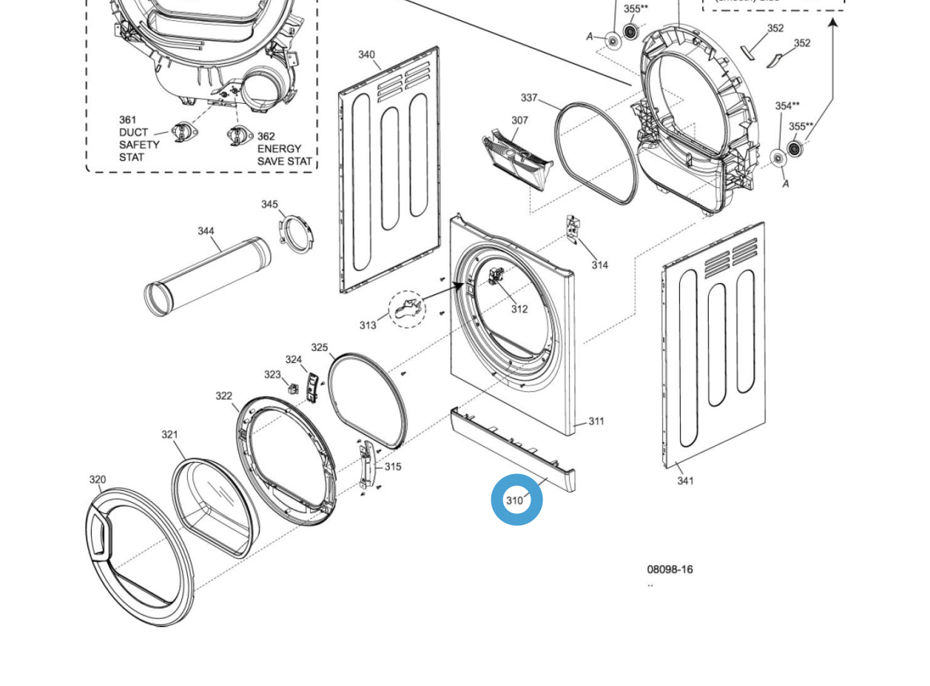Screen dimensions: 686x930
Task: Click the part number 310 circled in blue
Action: click(x=515, y=501)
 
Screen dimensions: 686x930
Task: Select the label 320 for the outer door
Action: click(x=97, y=480)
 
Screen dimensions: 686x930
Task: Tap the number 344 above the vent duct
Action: click(x=206, y=231)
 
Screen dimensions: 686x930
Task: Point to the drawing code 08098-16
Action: click(x=670, y=569)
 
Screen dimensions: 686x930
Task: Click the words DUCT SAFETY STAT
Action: click(x=139, y=138)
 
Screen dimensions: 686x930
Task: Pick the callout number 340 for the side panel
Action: click(x=366, y=54)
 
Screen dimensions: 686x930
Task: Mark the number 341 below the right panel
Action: click(x=686, y=481)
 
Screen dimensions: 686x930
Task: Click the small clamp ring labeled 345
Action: click(x=296, y=232)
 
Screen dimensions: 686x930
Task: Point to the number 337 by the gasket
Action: click(x=529, y=98)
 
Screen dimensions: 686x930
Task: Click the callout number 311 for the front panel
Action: click(x=596, y=421)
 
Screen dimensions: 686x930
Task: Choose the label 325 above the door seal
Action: click(x=320, y=348)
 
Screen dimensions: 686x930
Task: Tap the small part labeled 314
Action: click(x=573, y=229)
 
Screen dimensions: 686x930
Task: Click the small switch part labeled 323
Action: click(x=293, y=389)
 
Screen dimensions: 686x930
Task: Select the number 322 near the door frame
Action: click(x=224, y=396)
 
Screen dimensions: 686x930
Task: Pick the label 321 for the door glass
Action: click(x=169, y=435)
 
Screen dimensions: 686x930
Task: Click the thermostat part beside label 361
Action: click(x=184, y=131)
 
